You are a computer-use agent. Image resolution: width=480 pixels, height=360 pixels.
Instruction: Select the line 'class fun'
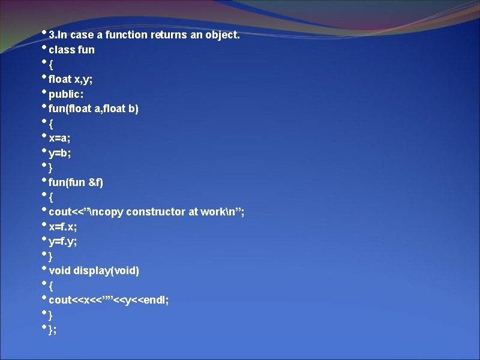click(71, 50)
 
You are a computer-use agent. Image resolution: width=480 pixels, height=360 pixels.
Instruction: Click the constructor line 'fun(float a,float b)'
click(94, 109)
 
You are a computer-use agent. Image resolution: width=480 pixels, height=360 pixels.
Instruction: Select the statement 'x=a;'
click(60, 138)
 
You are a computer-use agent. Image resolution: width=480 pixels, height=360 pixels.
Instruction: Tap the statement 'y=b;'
click(60, 153)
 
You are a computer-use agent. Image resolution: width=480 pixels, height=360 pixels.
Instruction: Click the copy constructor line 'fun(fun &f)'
click(76, 182)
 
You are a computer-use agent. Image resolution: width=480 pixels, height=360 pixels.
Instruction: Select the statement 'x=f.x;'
click(63, 227)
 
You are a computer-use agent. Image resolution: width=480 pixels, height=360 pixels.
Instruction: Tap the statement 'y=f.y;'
click(63, 241)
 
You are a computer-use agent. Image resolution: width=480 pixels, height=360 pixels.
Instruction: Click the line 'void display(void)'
click(94, 271)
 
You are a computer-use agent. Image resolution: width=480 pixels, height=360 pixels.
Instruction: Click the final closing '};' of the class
click(53, 329)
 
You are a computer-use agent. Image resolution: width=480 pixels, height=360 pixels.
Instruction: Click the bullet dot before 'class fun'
click(44, 46)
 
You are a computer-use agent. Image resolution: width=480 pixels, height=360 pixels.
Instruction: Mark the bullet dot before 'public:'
click(44, 91)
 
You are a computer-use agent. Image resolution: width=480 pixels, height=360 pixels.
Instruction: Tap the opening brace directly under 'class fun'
click(51, 64)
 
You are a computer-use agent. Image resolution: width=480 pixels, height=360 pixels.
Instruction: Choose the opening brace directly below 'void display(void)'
click(51, 285)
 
